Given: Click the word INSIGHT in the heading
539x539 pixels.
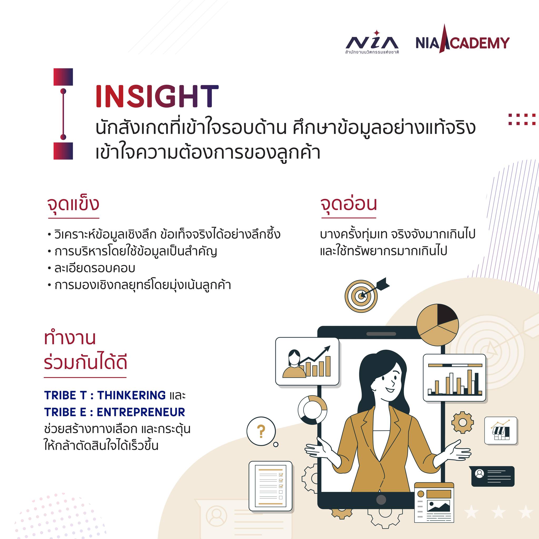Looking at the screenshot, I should tap(157, 97).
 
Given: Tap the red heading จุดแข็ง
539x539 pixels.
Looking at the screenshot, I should tap(73, 204).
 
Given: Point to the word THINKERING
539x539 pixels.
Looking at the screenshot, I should tap(131, 395).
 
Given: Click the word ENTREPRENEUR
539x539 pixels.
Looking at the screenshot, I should tap(141, 412).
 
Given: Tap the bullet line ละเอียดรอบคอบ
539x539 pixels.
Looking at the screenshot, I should tap(95, 268).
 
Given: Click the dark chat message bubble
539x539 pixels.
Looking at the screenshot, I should tap(493, 476).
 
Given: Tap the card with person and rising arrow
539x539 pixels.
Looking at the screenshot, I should tap(307, 362).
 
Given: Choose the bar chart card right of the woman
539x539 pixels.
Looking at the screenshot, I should tap(455, 378).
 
